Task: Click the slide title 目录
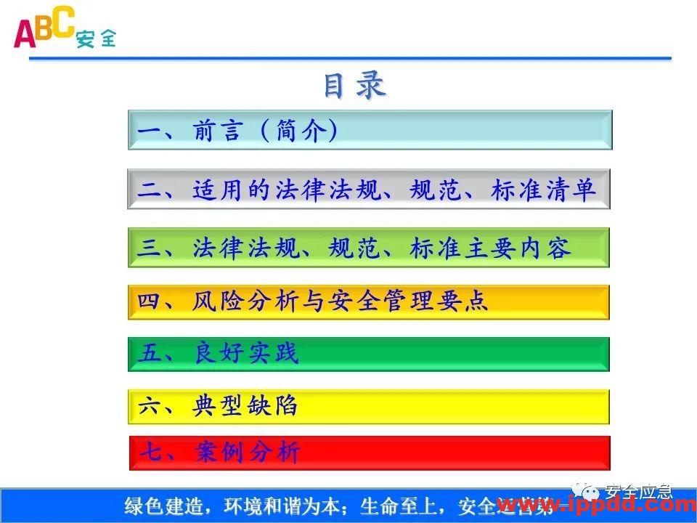tap(354, 86)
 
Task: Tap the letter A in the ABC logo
tap(25, 33)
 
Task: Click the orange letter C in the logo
tap(62, 22)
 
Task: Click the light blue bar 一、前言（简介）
tap(370, 130)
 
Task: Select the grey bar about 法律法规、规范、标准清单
tap(369, 190)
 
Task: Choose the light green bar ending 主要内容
tap(369, 248)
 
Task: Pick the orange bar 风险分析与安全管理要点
tap(369, 301)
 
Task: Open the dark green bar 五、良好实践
tap(369, 354)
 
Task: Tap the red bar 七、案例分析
tap(369, 453)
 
